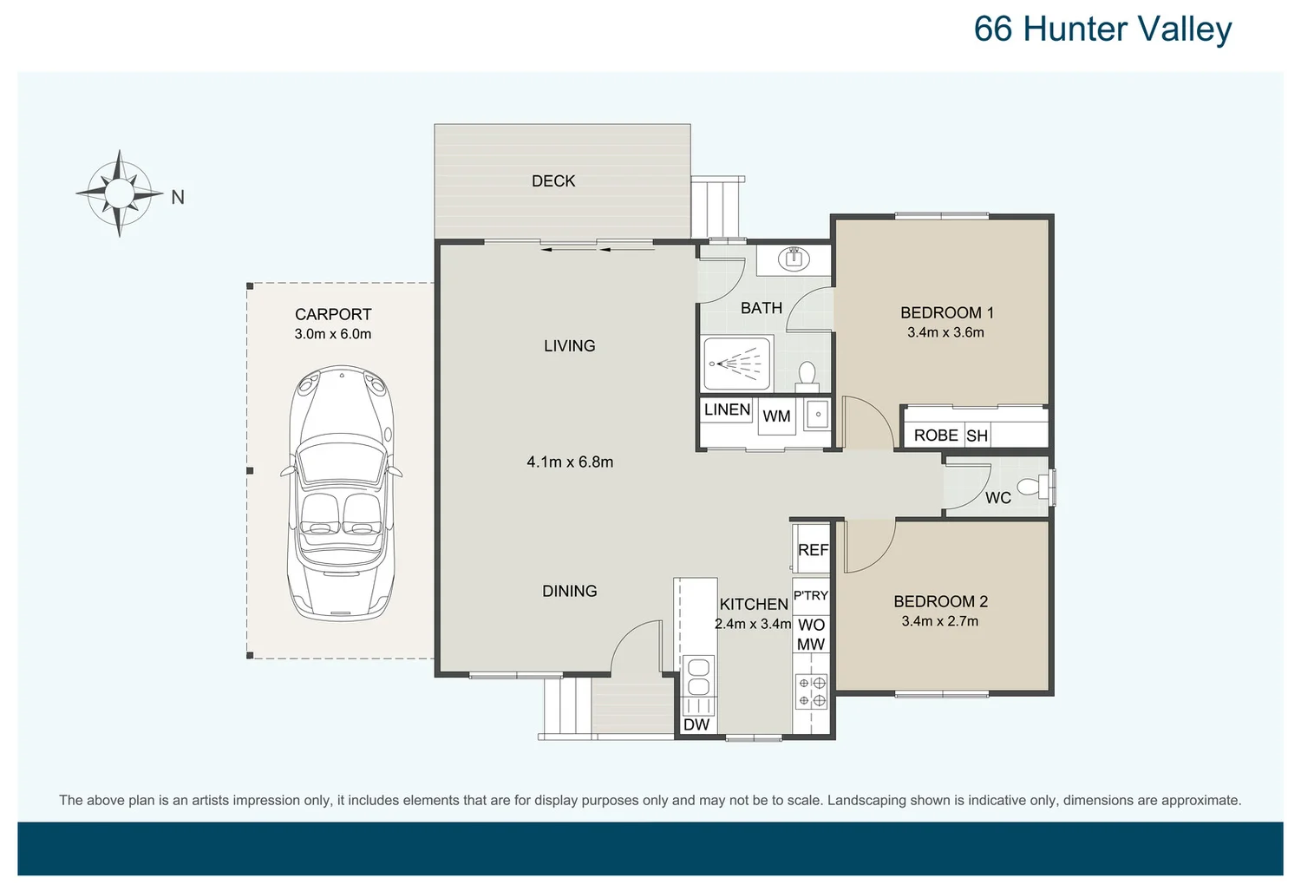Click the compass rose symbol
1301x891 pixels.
120,193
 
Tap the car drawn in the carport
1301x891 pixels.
342,493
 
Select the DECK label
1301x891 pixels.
553,180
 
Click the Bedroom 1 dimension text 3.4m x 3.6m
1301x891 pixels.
945,332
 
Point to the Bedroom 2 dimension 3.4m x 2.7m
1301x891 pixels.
939,621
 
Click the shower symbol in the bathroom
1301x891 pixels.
735,364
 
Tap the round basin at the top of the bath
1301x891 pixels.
794,258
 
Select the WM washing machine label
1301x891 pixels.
776,416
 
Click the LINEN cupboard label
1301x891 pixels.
727,409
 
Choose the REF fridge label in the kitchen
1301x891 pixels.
813,550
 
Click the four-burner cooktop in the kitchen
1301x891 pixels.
813,691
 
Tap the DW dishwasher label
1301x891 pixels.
696,724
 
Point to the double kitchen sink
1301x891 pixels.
698,677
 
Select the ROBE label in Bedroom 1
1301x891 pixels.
936,436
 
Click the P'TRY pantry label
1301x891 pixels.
811,595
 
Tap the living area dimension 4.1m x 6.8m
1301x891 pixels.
570,462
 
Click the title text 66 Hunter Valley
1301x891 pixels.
1102,29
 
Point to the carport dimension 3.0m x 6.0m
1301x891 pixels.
333,334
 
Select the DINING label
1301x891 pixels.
570,591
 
